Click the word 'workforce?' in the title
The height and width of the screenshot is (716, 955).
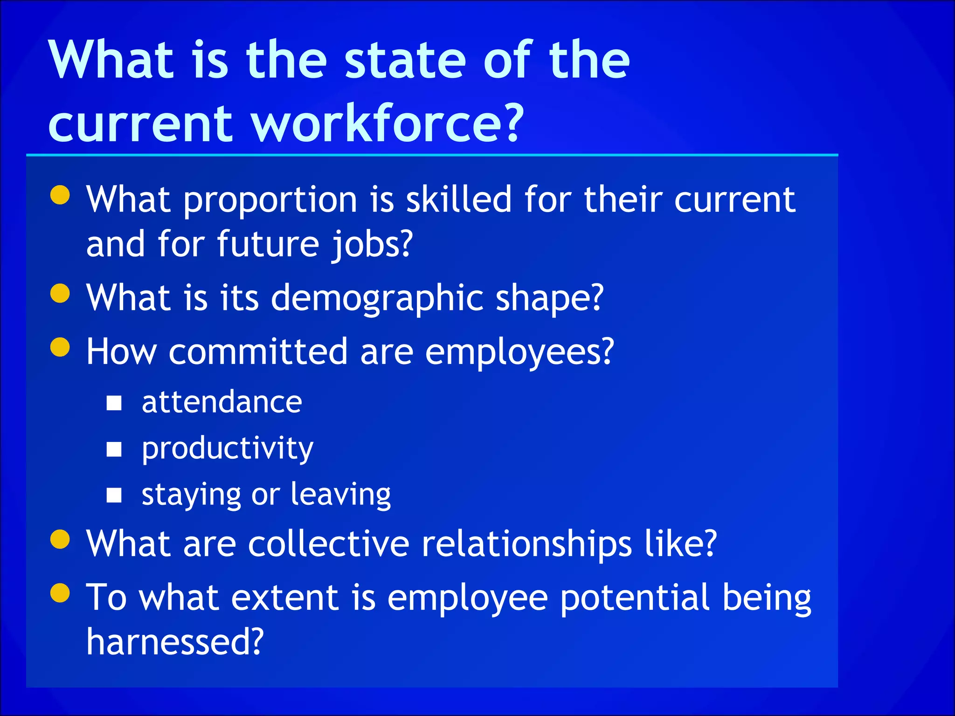point(388,123)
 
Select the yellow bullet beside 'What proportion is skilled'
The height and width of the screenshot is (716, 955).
point(60,195)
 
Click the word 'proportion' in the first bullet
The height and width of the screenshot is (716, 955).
point(270,200)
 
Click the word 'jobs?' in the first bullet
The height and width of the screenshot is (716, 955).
point(372,244)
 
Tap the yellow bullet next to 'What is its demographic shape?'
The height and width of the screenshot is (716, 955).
point(60,294)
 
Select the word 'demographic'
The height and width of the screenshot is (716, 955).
point(377,298)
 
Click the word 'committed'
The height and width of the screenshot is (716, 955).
point(258,351)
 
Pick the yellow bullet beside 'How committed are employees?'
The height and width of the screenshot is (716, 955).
point(60,347)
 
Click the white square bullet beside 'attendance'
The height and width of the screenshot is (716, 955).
point(114,403)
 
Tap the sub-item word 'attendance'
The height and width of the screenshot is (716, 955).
point(222,402)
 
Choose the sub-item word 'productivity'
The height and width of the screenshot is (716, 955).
point(228,448)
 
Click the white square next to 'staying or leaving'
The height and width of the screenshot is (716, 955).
point(114,495)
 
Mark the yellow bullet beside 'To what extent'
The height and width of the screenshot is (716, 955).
point(60,593)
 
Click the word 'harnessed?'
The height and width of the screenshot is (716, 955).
point(175,641)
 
